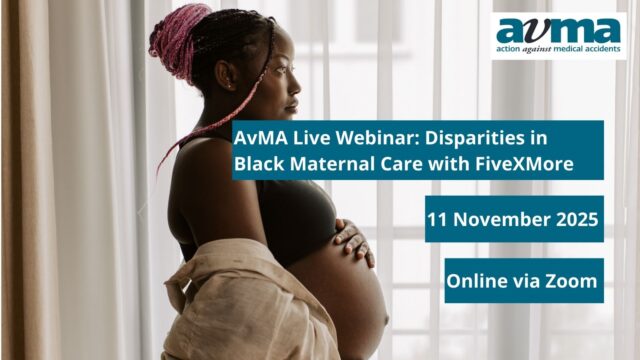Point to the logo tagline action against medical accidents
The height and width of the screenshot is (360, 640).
[558, 49]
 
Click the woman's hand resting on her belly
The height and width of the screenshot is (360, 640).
[352, 241]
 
